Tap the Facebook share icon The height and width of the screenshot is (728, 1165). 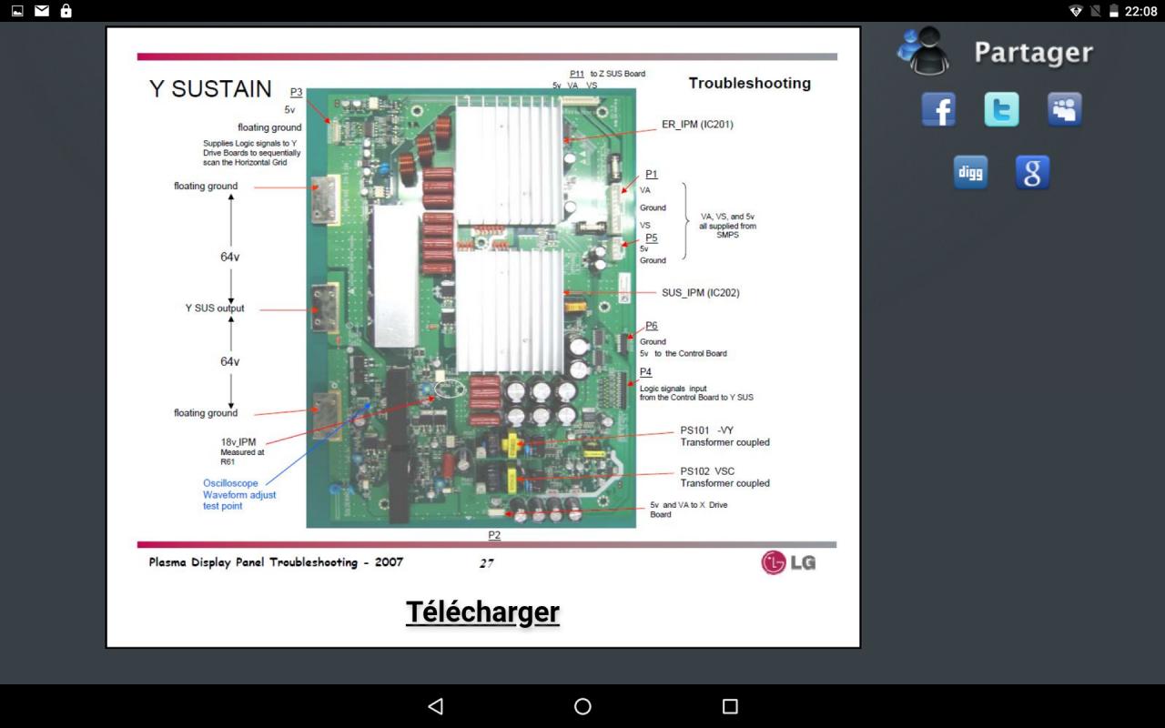(x=938, y=110)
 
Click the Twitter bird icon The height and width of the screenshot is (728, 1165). (x=1001, y=110)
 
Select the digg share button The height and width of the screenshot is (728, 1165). (x=970, y=172)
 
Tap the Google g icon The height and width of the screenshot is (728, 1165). (x=1032, y=172)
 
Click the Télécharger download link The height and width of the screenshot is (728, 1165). (x=482, y=612)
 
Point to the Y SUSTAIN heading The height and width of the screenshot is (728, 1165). (x=210, y=89)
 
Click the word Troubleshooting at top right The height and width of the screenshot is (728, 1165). (x=749, y=83)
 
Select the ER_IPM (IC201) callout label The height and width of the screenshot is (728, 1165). (x=697, y=125)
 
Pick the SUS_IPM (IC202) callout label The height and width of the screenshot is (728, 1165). (x=701, y=293)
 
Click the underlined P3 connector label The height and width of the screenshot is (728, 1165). (x=296, y=92)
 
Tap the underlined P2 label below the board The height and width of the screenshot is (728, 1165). (x=494, y=535)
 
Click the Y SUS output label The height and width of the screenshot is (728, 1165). (x=215, y=308)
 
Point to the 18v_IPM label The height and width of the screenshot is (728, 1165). (x=238, y=442)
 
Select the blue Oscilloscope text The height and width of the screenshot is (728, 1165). (x=230, y=483)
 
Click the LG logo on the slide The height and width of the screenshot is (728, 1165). (x=788, y=562)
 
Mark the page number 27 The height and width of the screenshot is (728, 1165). (x=487, y=563)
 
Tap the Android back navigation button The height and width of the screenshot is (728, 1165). (x=435, y=706)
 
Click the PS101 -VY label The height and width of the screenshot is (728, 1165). (x=707, y=430)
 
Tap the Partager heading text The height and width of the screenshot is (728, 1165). (x=1033, y=53)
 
